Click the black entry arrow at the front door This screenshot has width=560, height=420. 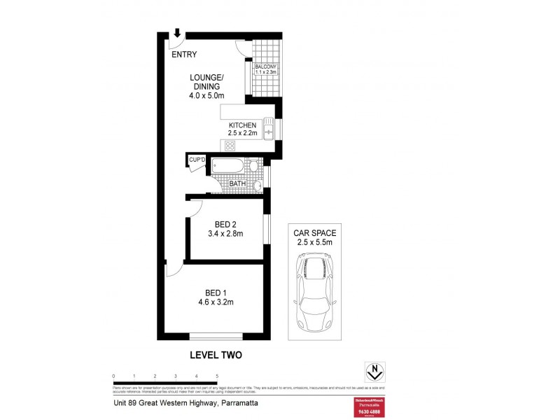(x=177, y=33)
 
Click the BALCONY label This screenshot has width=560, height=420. (x=266, y=66)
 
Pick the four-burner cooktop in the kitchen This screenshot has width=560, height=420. (x=229, y=145)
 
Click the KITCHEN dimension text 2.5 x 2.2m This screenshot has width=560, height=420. (x=243, y=133)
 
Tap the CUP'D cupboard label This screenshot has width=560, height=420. (x=196, y=161)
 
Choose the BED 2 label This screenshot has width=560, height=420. (x=225, y=223)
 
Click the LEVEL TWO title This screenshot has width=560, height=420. (x=216, y=355)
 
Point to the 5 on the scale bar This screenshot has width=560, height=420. (x=218, y=376)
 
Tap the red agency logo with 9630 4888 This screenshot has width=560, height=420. (x=367, y=407)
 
